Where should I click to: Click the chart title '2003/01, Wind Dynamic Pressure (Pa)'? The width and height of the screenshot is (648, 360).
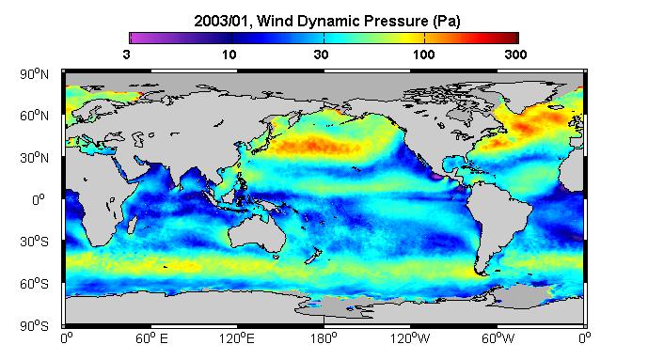coord(327,21)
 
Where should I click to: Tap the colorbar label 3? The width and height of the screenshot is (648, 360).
coord(126,55)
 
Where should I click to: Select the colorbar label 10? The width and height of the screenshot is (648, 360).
coord(229,55)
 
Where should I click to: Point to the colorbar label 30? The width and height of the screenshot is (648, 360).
coord(321,55)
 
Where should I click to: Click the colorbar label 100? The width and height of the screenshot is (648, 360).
coord(423,55)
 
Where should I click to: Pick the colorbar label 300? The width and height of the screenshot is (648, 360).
coord(515,55)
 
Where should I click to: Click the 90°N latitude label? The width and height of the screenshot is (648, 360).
coord(34,74)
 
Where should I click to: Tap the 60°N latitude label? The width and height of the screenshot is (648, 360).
coord(34,116)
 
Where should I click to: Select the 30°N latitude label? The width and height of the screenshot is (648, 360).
coord(34,158)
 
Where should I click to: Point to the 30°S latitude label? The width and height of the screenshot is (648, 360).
coord(34,242)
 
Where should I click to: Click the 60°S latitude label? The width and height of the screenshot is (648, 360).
coord(34,284)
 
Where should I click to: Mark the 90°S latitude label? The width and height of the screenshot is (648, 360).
coord(34,326)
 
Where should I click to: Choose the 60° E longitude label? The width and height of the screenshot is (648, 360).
coord(151,338)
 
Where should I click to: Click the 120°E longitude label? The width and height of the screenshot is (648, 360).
coord(237,338)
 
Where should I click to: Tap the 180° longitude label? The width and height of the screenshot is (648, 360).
coord(324,338)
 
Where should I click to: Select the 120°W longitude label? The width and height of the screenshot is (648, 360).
coord(410,338)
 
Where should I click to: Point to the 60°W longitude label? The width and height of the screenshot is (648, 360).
coord(498,338)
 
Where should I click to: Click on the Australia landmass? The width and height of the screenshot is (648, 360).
coord(256,234)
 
